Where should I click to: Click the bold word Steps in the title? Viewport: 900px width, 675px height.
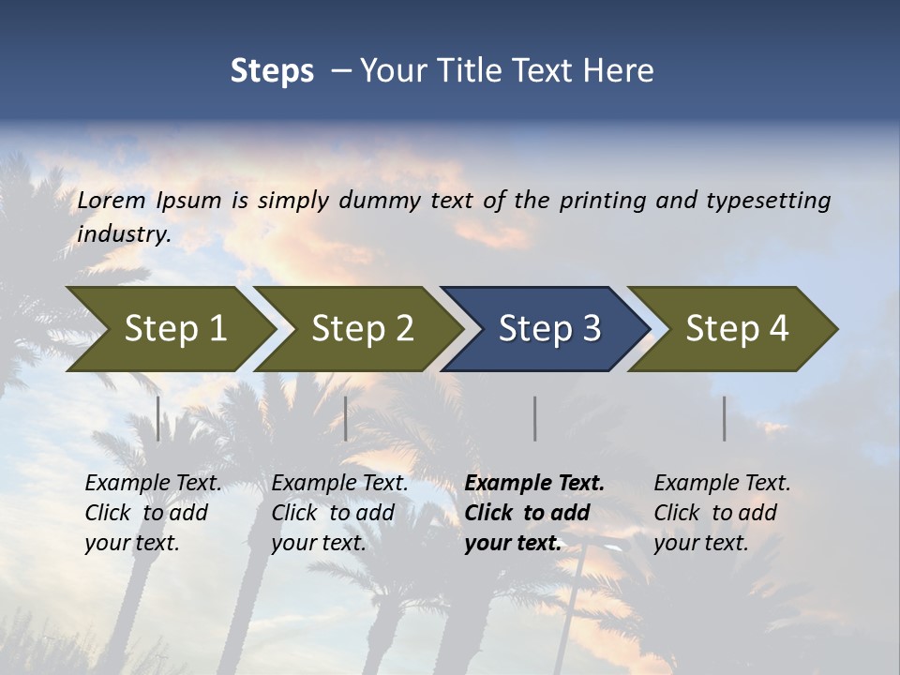pyautogui.click(x=272, y=71)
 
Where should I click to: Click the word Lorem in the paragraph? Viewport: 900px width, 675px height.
pyautogui.click(x=112, y=200)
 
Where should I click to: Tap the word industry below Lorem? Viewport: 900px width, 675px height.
pyautogui.click(x=124, y=233)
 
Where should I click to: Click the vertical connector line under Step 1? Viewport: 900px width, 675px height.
pyautogui.click(x=158, y=418)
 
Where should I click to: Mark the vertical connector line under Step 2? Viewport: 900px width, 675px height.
pyautogui.click(x=346, y=418)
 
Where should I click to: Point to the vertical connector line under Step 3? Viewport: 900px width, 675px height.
pyautogui.click(x=534, y=418)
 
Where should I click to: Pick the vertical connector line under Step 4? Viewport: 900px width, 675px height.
pyautogui.click(x=724, y=418)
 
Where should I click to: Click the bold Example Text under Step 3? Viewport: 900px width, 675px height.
pyautogui.click(x=534, y=484)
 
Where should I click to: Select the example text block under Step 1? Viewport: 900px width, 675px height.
pyautogui.click(x=153, y=513)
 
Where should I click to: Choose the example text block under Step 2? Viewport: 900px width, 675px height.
pyautogui.click(x=339, y=513)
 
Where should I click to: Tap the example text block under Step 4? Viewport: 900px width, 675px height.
pyautogui.click(x=722, y=513)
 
